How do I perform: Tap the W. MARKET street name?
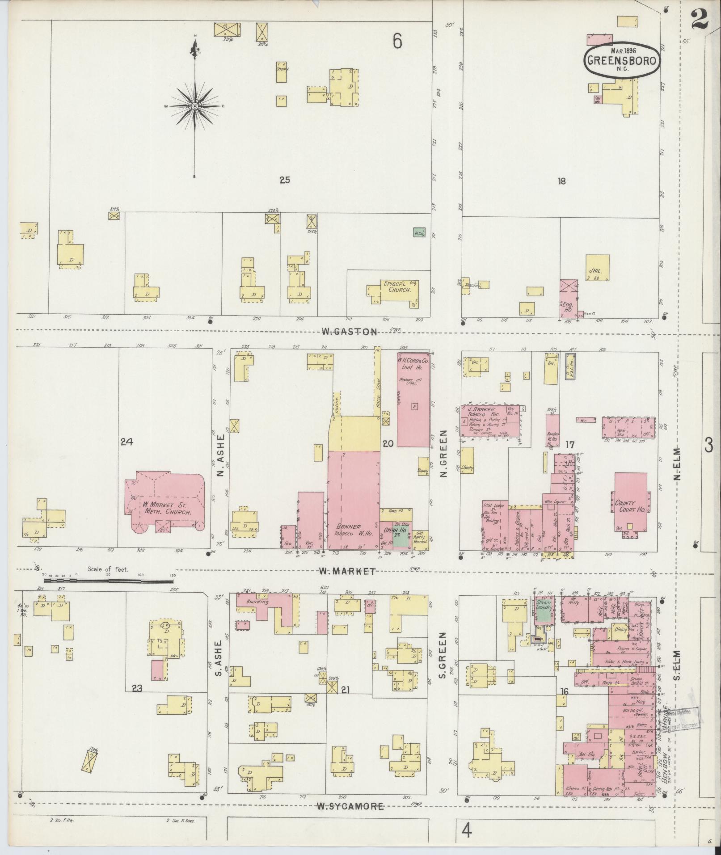(x=346, y=571)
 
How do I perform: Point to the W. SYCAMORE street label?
(x=350, y=807)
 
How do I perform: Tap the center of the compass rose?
(x=195, y=106)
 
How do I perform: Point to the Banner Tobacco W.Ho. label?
(x=352, y=531)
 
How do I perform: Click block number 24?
(x=126, y=442)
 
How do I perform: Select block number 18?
(x=562, y=181)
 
